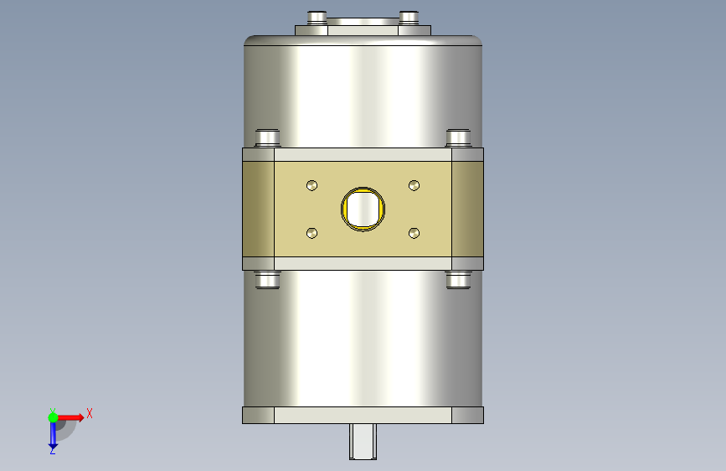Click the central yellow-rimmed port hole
363,209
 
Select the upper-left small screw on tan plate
312,185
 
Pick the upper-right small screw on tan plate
414,185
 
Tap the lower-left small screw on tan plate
312,233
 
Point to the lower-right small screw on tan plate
414,233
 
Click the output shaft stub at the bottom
363,442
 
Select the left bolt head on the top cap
317,17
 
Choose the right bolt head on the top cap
409,17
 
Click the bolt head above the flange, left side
268,138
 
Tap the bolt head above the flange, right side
458,138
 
